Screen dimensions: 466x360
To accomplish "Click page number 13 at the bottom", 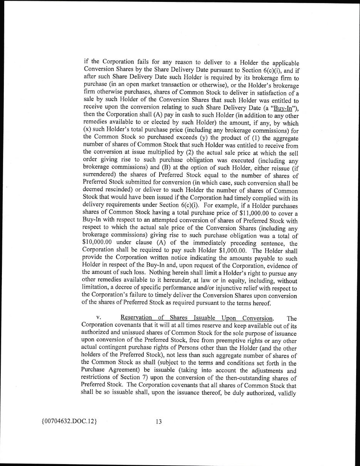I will click(x=158, y=421).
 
